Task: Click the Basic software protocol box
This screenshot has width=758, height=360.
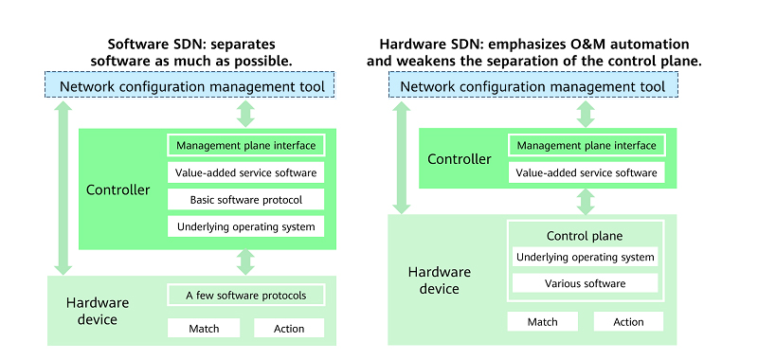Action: point(246,199)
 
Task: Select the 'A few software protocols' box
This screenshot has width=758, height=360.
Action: point(246,295)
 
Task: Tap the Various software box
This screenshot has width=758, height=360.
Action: point(585,283)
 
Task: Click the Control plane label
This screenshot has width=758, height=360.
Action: point(585,236)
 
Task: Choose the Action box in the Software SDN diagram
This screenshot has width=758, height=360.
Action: point(289,328)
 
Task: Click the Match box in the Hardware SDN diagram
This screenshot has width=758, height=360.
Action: point(543,321)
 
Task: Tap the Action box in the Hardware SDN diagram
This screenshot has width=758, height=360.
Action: point(628,321)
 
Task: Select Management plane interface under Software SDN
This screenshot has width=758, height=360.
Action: point(246,146)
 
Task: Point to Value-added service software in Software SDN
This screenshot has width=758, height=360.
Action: point(246,172)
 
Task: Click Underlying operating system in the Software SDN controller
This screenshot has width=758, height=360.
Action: point(246,225)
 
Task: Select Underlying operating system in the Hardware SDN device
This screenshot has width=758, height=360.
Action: point(585,257)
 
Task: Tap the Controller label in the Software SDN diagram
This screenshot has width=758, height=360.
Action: point(118,189)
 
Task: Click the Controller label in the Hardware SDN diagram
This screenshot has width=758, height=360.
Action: point(460,159)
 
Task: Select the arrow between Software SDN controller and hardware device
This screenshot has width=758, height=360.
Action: point(246,261)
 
